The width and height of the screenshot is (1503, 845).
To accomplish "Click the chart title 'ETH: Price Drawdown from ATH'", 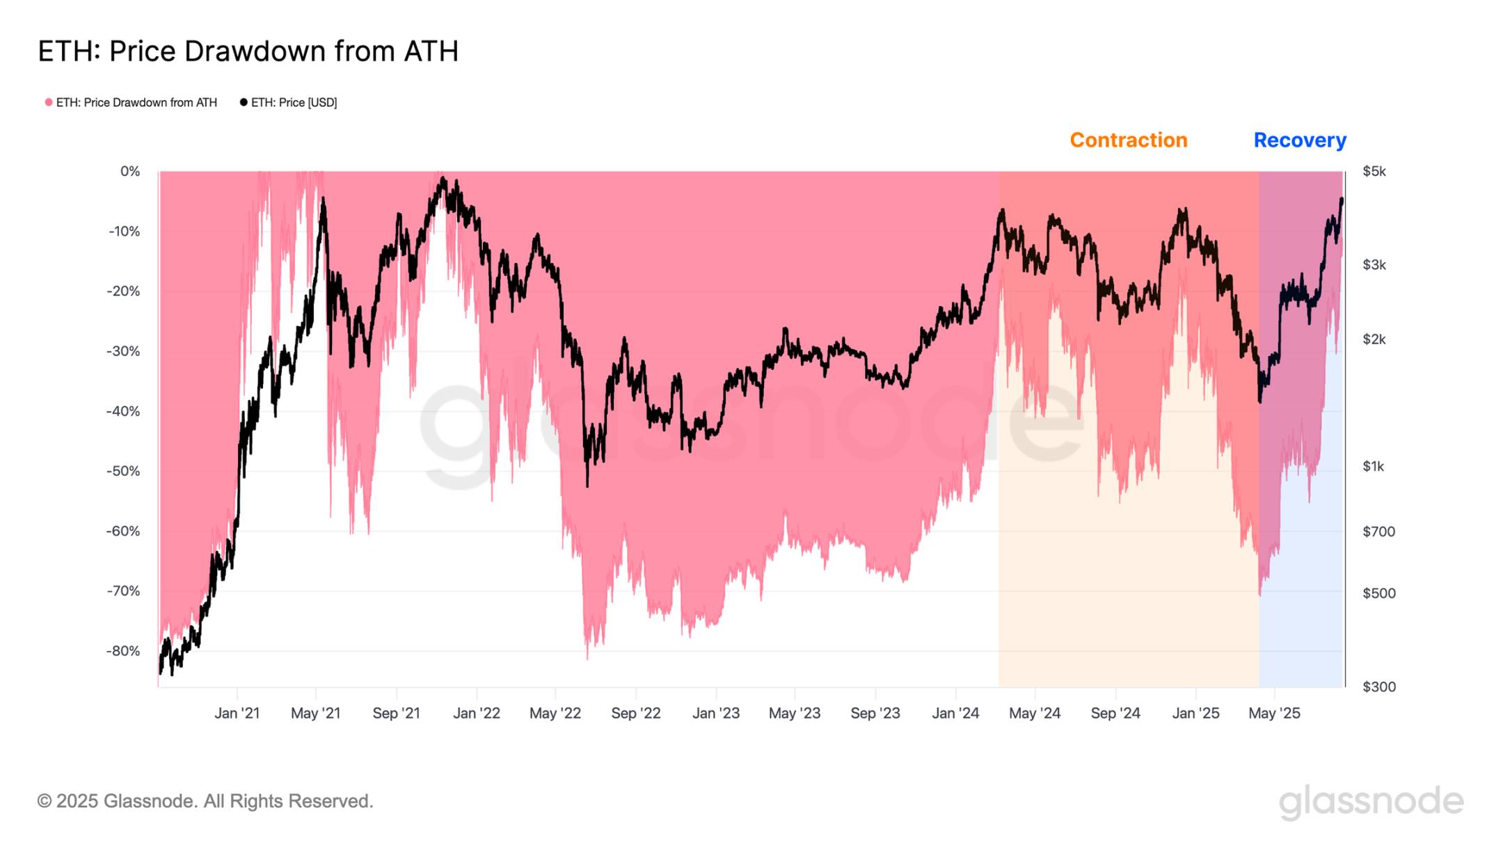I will coord(248,51).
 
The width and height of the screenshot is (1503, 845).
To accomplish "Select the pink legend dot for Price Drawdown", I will coord(49,102).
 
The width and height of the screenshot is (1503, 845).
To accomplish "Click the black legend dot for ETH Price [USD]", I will coord(244,102).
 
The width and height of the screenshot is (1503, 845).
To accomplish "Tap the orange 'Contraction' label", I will coord(1128,140).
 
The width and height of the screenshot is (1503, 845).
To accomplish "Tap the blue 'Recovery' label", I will coord(1299,140).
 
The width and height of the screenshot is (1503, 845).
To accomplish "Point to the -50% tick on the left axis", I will coord(123,471).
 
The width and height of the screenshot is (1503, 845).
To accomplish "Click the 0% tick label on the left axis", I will coord(130,171).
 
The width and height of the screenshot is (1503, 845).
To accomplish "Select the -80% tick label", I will coord(123,651).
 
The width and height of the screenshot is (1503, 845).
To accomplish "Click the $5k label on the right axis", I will coord(1374,171).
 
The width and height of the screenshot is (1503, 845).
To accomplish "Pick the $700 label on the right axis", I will coord(1378,531).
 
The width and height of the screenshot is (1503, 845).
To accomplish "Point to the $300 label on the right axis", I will coord(1378,686).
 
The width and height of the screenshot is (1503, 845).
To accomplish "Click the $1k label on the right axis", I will coord(1373,466).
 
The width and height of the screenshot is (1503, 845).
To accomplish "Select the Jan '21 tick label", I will coord(237,713).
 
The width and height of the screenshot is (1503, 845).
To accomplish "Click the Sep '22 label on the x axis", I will coord(635,713).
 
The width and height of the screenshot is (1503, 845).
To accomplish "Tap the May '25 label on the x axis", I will coord(1273,713).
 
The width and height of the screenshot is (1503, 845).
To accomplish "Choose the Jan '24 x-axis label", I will coord(955,713).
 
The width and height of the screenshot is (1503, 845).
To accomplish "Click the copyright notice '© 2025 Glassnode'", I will coord(205,801).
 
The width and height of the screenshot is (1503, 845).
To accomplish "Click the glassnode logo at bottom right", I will coord(1371,801).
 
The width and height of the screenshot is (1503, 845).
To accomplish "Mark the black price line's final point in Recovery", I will coord(1342,200).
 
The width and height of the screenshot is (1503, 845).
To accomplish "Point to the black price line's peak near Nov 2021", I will coord(443,179).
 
